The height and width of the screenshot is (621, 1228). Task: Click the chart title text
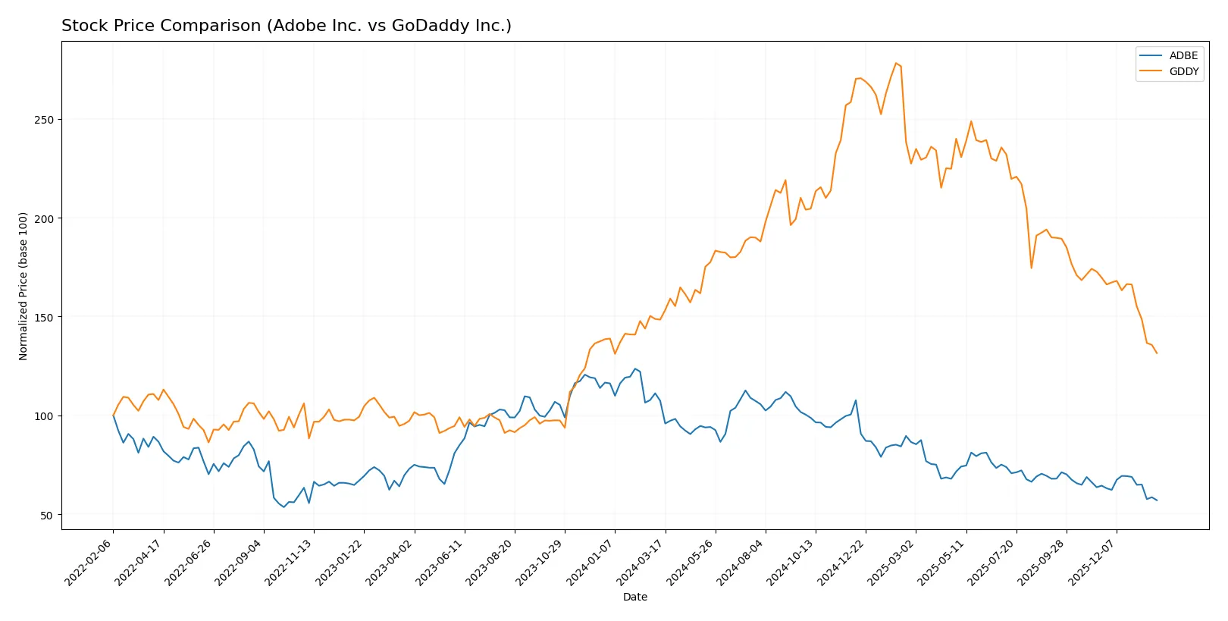tap(286, 26)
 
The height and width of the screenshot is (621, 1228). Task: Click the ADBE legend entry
tap(1183, 55)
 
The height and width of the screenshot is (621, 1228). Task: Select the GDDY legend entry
tap(1183, 71)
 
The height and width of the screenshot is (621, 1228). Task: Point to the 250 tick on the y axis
tap(44, 120)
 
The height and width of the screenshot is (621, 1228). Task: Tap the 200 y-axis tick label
tap(44, 218)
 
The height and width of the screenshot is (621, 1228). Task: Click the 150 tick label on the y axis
tap(44, 317)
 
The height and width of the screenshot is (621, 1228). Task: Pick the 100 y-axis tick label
tap(44, 416)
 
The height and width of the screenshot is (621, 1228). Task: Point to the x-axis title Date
tap(634, 597)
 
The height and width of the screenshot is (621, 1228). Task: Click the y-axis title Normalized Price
tap(23, 286)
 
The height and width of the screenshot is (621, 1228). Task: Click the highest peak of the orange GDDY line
tap(895, 63)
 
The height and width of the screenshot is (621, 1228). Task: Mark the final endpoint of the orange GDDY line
tap(1157, 353)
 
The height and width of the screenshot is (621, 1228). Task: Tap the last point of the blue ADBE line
tap(1157, 500)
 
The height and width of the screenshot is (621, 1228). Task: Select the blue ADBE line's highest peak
tap(635, 369)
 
